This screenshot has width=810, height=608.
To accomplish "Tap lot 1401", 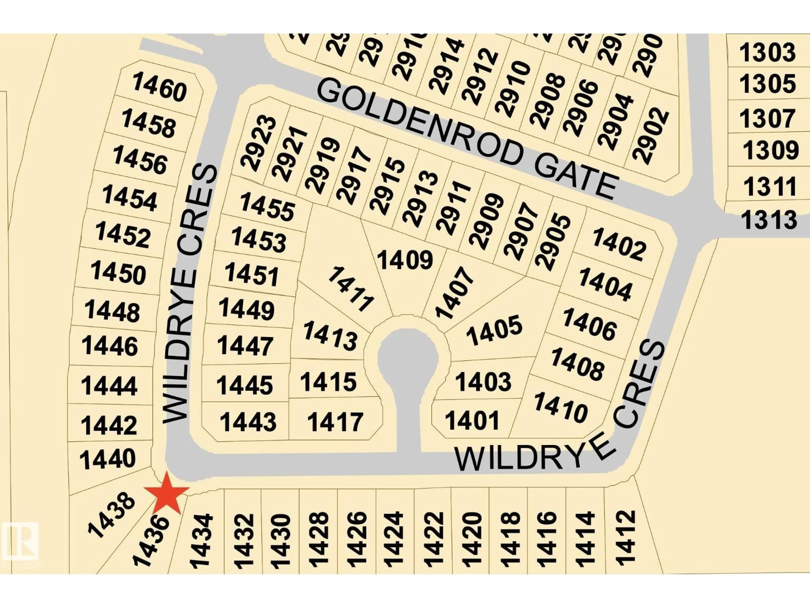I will coord(472,420).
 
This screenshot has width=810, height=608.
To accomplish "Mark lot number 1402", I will coord(619,244).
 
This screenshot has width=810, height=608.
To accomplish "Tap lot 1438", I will coord(111,515).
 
